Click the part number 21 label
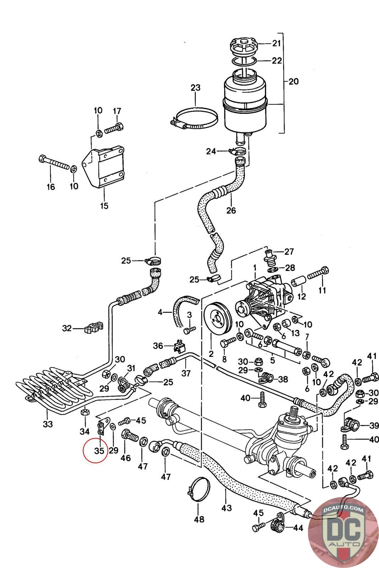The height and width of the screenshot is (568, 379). pyautogui.click(x=276, y=43)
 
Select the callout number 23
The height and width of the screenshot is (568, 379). pyautogui.click(x=195, y=88)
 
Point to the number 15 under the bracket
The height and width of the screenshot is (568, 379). pyautogui.click(x=104, y=206)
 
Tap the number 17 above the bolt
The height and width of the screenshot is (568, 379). pyautogui.click(x=117, y=111)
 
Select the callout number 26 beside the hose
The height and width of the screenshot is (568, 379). pyautogui.click(x=231, y=210)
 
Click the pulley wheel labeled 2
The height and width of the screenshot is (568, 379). pyautogui.click(x=218, y=318)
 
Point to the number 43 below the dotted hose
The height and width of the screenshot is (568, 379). pyautogui.click(x=227, y=508)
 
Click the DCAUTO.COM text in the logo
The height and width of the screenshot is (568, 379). pyautogui.click(x=343, y=509)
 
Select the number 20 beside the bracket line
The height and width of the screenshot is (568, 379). pyautogui.click(x=293, y=81)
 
